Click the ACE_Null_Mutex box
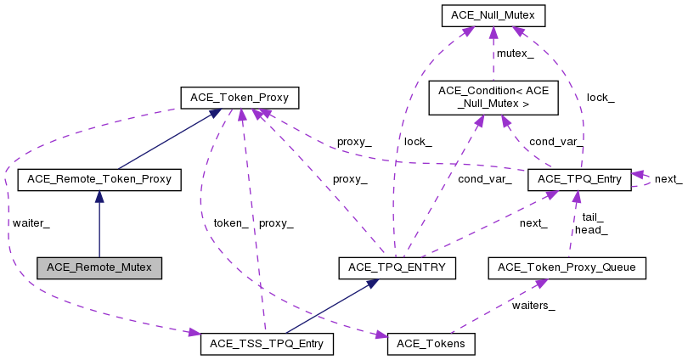point(492,15)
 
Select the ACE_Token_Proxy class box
point(239,98)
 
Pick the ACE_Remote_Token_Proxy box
point(99,179)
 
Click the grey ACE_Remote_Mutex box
point(99,267)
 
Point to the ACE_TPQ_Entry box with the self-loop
point(579,179)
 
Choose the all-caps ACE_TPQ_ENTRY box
point(398,267)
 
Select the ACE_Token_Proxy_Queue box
point(567,267)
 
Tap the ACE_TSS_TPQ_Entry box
point(267,344)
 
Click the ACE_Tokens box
point(431,344)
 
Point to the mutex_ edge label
point(516,53)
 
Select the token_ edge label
point(231,223)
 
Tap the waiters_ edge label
point(533,306)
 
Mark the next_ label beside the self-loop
point(668,179)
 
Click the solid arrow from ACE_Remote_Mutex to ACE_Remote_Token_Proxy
point(99,225)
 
